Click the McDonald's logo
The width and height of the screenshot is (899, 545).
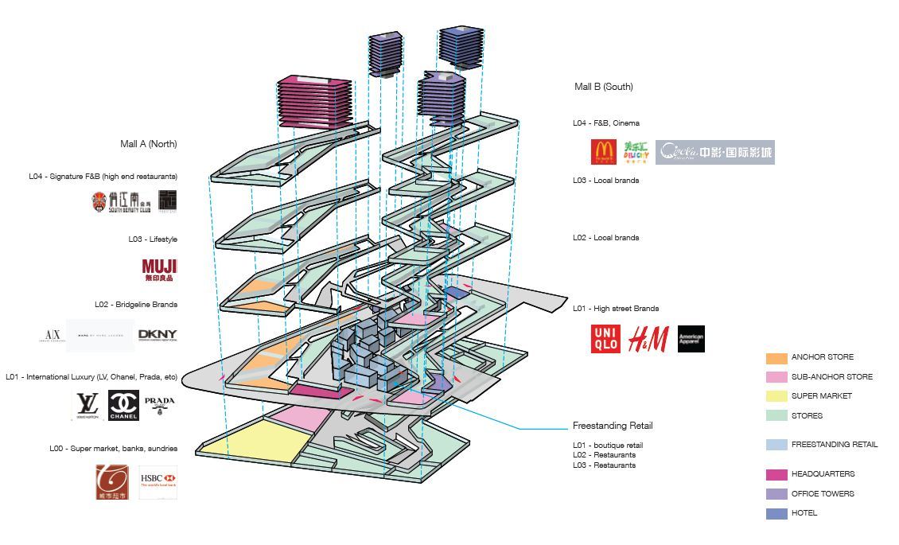point(604,152)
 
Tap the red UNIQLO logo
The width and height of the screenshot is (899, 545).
point(605,339)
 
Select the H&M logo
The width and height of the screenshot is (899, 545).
point(648,339)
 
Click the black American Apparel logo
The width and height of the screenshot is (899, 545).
point(691,339)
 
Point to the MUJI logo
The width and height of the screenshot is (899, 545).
point(159,270)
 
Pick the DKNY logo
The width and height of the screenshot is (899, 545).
point(158,335)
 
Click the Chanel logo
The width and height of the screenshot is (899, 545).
point(123,406)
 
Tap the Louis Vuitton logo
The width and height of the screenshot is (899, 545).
point(87,406)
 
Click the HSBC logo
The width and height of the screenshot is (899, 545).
point(158,482)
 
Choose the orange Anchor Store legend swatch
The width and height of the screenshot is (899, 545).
point(776,358)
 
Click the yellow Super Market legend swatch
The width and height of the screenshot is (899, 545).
point(776,396)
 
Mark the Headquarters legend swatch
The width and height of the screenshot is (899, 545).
point(776,475)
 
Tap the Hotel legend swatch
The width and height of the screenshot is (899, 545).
point(776,514)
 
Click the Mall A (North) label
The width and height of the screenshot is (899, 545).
point(149,144)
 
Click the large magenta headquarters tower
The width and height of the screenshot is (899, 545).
point(315,102)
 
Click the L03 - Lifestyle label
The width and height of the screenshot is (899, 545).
point(153,239)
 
